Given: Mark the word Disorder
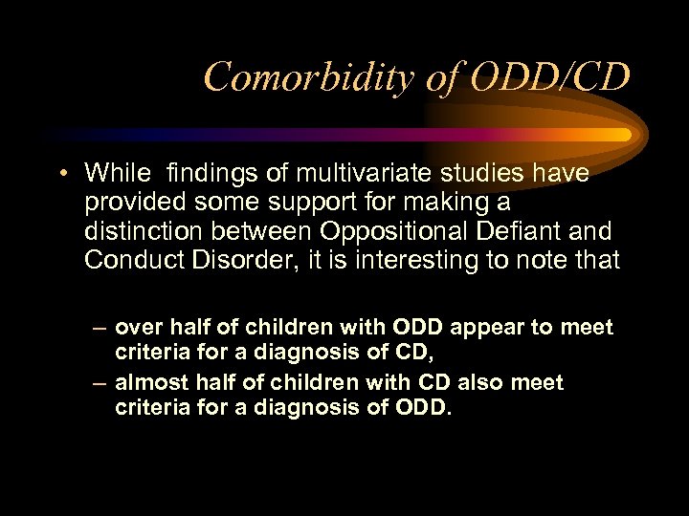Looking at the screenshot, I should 220,259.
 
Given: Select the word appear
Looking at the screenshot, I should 495,328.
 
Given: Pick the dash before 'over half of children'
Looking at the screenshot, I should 100,329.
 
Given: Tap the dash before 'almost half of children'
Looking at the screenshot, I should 100,383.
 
